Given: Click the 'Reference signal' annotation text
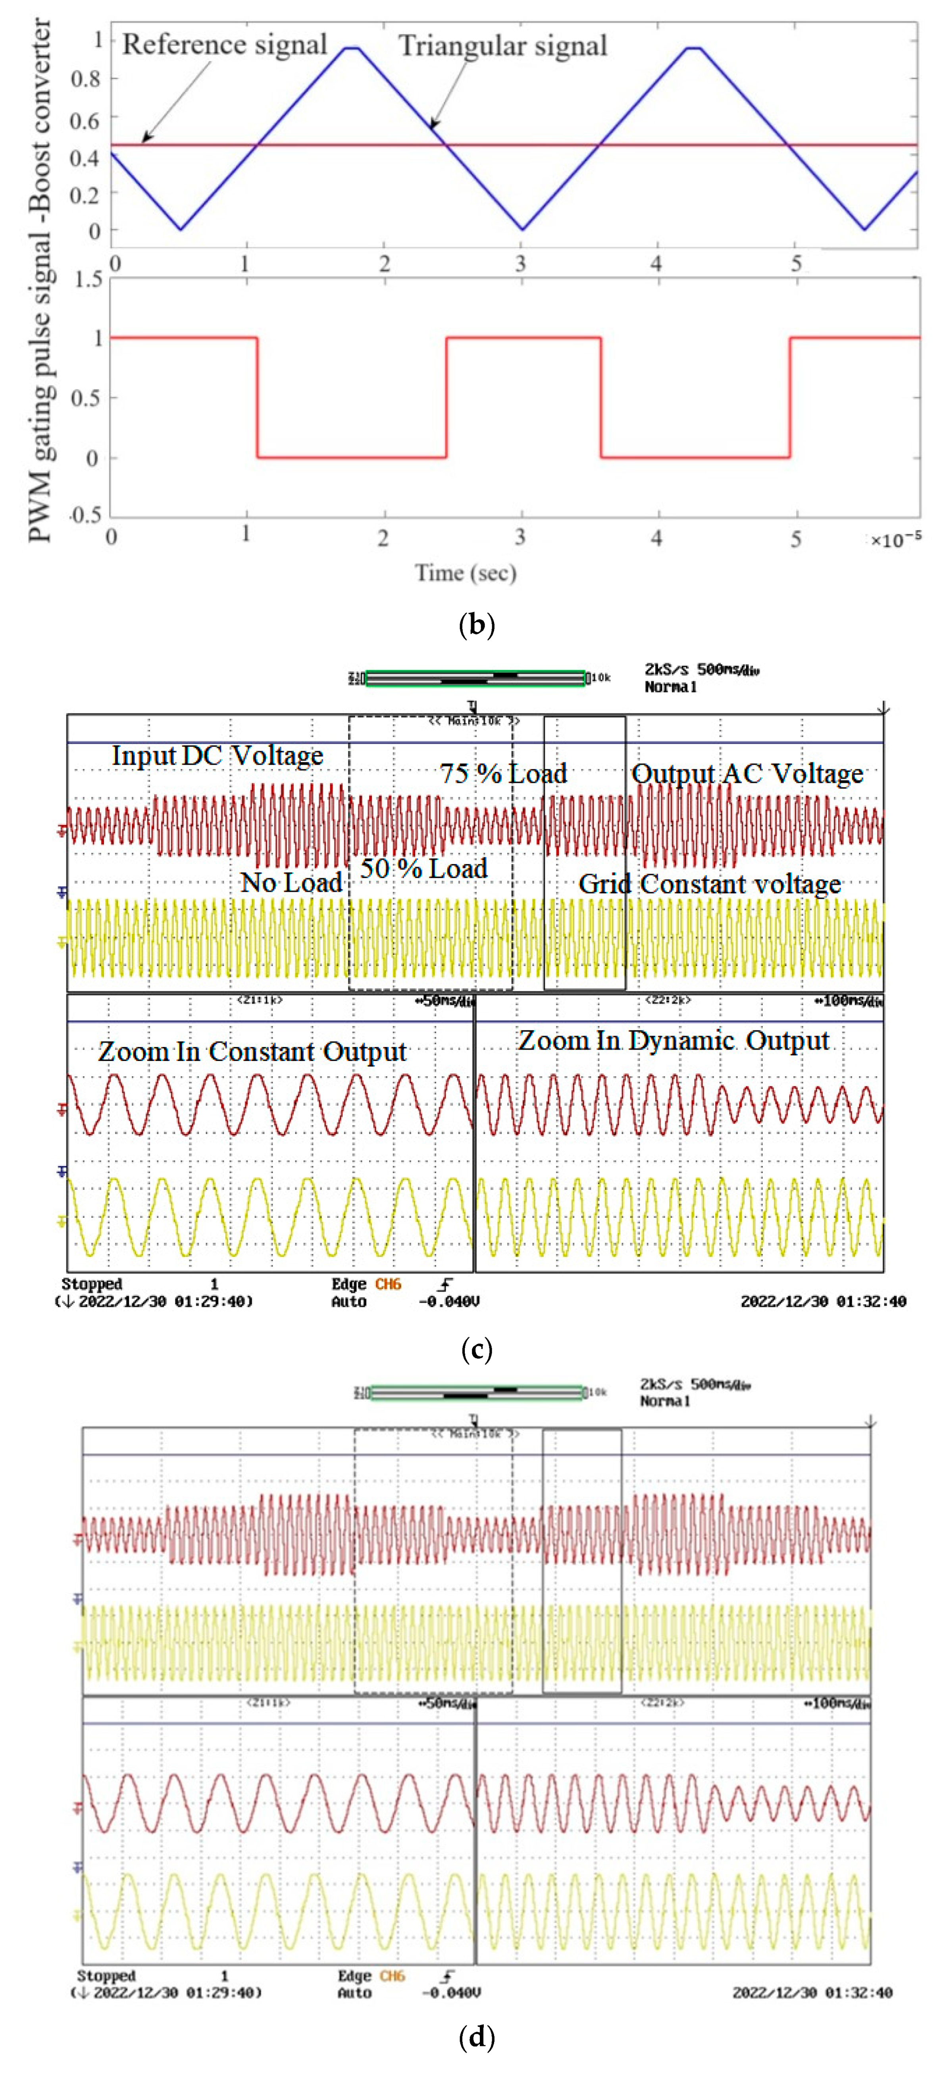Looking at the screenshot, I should [x=224, y=45].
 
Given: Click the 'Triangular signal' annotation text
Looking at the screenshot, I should [x=502, y=46].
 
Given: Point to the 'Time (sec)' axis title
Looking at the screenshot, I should [x=466, y=573].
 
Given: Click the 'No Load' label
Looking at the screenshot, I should [x=291, y=882].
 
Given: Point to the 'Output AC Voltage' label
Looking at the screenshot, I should [x=747, y=774].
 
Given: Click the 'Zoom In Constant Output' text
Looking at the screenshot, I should [x=252, y=1052].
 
